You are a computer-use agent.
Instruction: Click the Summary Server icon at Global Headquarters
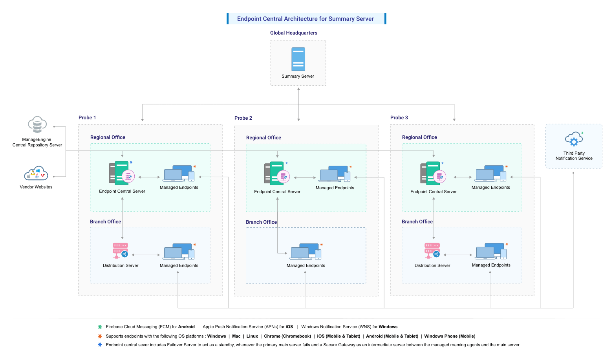point(298,59)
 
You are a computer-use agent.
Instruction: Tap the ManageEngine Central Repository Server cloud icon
point(37,125)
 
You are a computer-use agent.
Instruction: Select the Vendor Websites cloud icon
point(36,173)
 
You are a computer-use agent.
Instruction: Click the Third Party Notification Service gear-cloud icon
point(574,139)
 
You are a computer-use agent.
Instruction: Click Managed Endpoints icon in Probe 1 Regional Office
point(179,174)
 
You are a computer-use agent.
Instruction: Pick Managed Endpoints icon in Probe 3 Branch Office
point(491,251)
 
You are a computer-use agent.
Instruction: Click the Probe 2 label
point(243,118)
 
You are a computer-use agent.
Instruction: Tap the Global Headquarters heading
point(293,33)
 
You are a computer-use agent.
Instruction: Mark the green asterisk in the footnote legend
point(100,327)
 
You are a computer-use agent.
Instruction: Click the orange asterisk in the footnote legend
point(100,336)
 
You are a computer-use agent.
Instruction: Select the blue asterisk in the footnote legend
point(100,345)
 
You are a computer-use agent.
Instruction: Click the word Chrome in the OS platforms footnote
point(272,336)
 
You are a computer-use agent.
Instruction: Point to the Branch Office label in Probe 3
point(417,222)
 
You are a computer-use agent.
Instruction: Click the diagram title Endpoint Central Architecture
point(305,19)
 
